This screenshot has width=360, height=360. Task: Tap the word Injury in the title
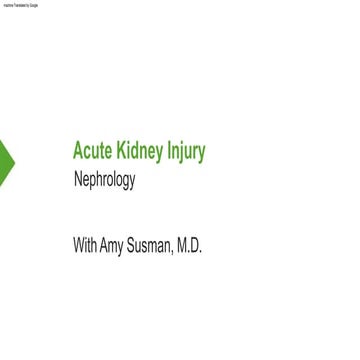click(186, 152)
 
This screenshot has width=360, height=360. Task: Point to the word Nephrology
click(104, 181)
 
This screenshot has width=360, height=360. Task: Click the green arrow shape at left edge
click(6, 161)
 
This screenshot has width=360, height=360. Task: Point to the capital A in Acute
click(78, 151)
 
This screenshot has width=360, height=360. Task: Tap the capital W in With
click(78, 245)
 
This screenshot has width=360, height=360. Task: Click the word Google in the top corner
click(33, 5)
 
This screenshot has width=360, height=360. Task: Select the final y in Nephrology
click(132, 183)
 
